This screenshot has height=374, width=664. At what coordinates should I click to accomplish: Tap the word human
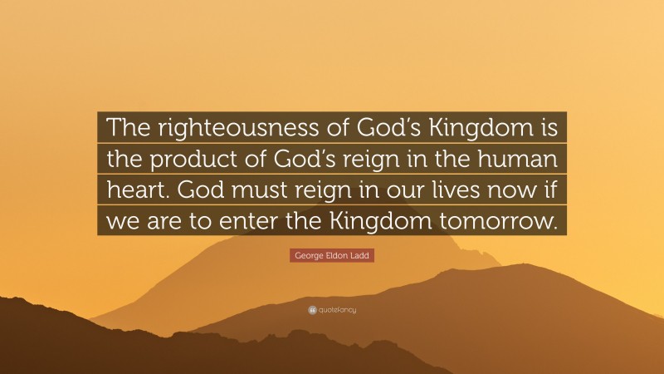[525, 159]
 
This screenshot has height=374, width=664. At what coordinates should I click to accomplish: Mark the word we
[120, 221]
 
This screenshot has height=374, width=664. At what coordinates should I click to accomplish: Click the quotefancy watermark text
[338, 310]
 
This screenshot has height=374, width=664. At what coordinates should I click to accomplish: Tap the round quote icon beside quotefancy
[312, 310]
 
